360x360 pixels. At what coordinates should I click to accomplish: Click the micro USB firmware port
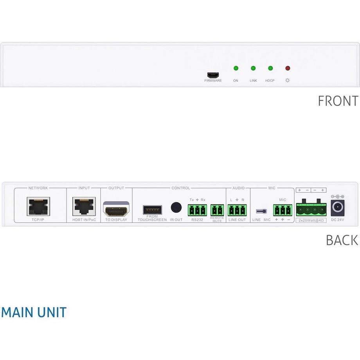213,74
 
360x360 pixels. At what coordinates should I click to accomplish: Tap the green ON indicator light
236,68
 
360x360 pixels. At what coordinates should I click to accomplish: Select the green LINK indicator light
253,68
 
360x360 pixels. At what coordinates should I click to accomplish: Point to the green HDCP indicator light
270,68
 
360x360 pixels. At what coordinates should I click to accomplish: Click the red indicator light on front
288,68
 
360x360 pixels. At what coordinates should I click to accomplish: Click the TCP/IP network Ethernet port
38,206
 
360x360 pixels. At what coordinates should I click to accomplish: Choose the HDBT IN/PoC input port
84,206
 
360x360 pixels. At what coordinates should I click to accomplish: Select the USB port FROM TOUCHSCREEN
152,209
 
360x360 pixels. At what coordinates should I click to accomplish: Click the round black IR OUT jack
176,207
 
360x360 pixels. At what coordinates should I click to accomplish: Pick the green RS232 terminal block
197,210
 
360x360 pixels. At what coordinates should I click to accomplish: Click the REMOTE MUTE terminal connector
217,210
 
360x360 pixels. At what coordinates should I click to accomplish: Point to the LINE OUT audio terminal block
237,210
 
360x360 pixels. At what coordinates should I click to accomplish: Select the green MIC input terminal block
283,210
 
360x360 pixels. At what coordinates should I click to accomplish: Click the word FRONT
338,101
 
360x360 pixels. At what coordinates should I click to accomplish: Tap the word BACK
342,240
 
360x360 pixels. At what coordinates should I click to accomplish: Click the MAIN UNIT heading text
34,312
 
